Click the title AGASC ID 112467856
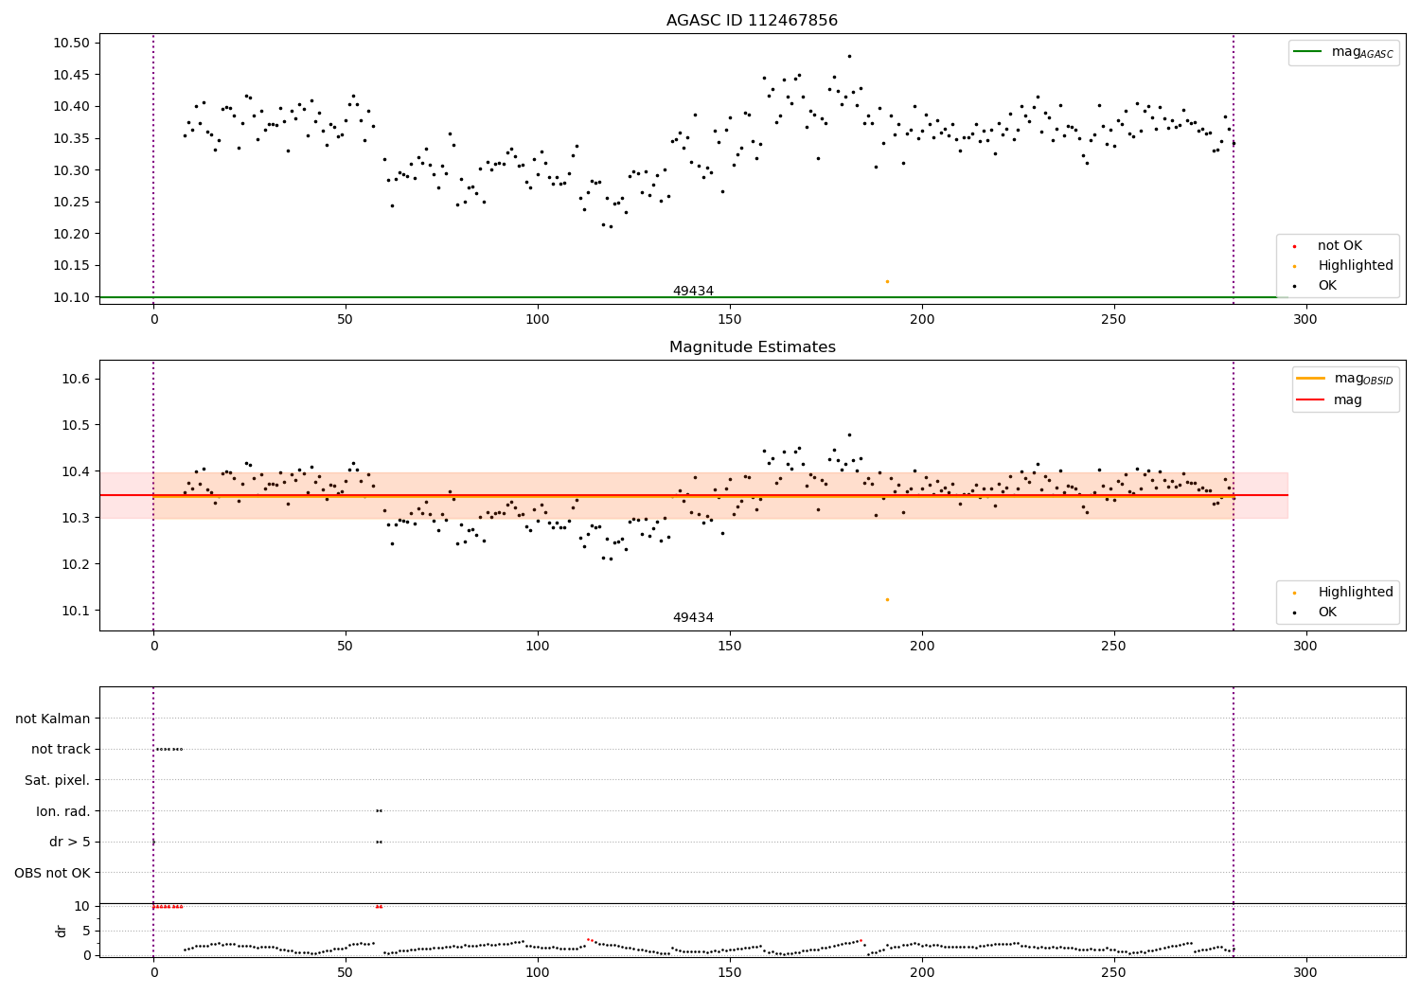pyautogui.click(x=752, y=21)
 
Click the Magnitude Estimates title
pyautogui.click(x=752, y=347)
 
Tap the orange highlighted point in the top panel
pyautogui.click(x=887, y=281)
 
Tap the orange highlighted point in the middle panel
pyautogui.click(x=887, y=599)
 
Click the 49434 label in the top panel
pyautogui.click(x=693, y=292)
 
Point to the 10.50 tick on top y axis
pyautogui.click(x=71, y=44)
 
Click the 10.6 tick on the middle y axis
pyautogui.click(x=76, y=379)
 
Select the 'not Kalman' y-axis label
pyautogui.click(x=53, y=719)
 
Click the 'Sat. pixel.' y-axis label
pyautogui.click(x=57, y=781)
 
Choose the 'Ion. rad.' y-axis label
pyautogui.click(x=62, y=811)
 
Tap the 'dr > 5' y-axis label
pyautogui.click(x=69, y=843)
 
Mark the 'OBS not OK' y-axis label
pyautogui.click(x=52, y=873)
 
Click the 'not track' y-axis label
pyautogui.click(x=61, y=750)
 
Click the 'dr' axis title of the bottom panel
pyautogui.click(x=62, y=931)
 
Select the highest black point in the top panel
pyautogui.click(x=849, y=56)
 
